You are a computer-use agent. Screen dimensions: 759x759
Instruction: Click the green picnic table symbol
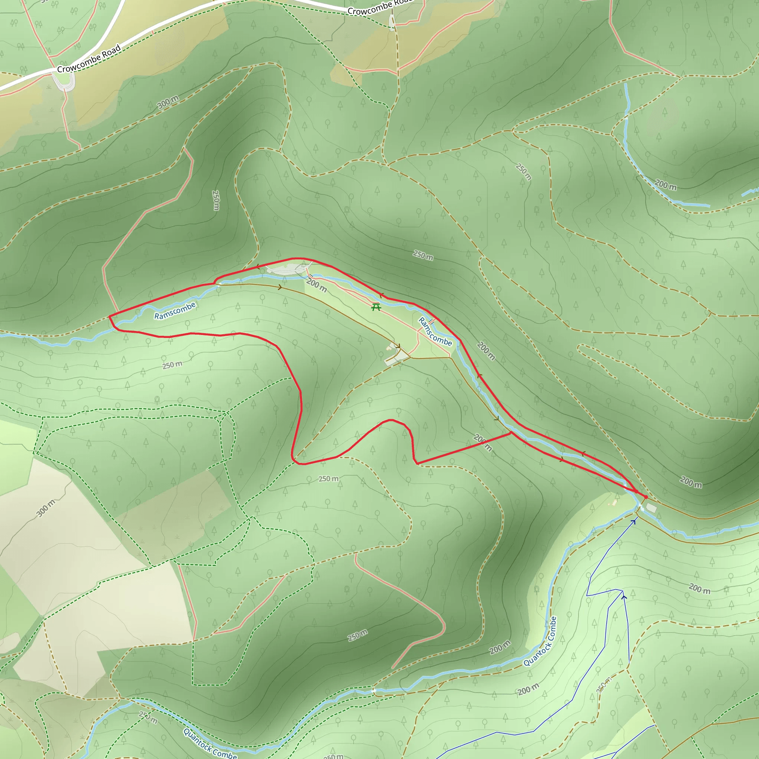coord(376,307)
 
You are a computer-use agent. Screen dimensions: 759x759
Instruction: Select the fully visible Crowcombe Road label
coord(89,59)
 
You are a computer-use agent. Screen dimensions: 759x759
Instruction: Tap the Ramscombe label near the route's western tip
coord(175,311)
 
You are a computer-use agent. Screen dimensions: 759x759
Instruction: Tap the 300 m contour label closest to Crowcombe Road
coord(168,102)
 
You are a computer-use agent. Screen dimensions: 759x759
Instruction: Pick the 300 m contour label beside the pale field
coord(46,508)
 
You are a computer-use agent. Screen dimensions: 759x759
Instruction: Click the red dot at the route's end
coord(646,497)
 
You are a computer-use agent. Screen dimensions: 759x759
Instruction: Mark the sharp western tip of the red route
coord(109,316)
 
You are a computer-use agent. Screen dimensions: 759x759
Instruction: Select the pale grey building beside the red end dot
coord(652,508)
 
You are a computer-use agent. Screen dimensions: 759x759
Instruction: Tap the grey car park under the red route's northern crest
coord(283,269)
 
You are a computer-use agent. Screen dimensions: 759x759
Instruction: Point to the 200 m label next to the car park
coord(316,285)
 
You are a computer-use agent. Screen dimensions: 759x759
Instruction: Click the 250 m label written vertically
coord(216,200)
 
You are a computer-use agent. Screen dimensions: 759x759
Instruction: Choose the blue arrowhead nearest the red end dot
coord(633,521)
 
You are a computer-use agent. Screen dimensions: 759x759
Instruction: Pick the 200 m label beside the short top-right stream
coord(666,184)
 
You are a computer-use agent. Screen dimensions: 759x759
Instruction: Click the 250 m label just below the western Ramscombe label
coord(172,365)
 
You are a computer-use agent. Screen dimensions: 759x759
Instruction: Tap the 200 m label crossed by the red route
coord(483,443)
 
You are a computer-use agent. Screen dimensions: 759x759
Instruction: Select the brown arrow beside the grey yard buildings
coord(398,347)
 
